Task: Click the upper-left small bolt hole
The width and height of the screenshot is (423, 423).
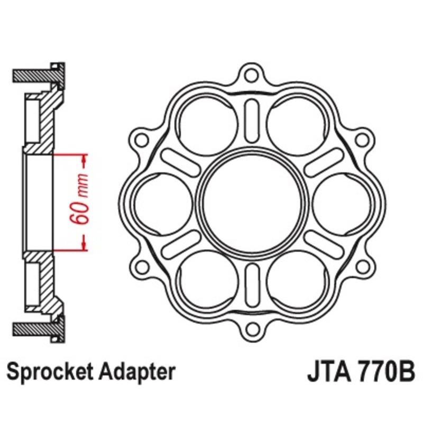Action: point(141,139)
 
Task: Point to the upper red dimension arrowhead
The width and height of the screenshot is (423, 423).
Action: point(84,160)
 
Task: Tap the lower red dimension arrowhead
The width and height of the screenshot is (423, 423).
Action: point(84,244)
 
